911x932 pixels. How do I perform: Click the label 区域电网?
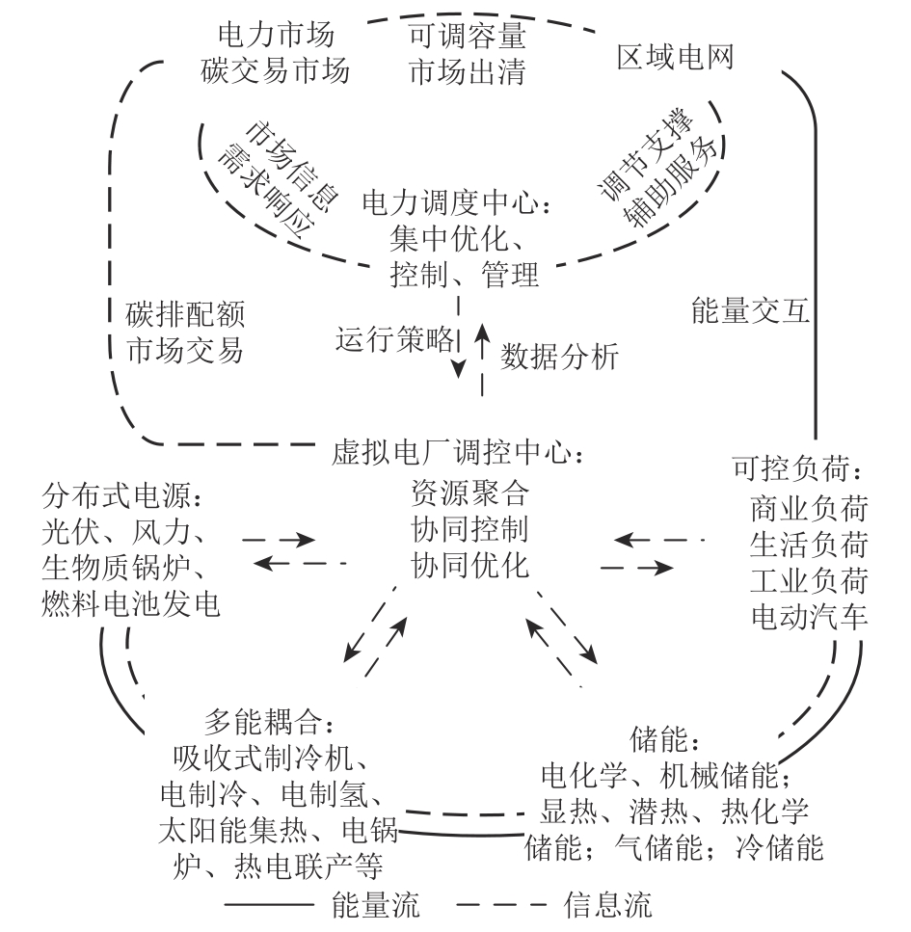click(676, 59)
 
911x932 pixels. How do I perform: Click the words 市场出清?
click(468, 71)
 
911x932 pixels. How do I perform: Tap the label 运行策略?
click(393, 339)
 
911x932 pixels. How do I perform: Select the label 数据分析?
click(560, 356)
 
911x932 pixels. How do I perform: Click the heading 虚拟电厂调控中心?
click(457, 450)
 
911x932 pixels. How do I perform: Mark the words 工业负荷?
click(809, 580)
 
